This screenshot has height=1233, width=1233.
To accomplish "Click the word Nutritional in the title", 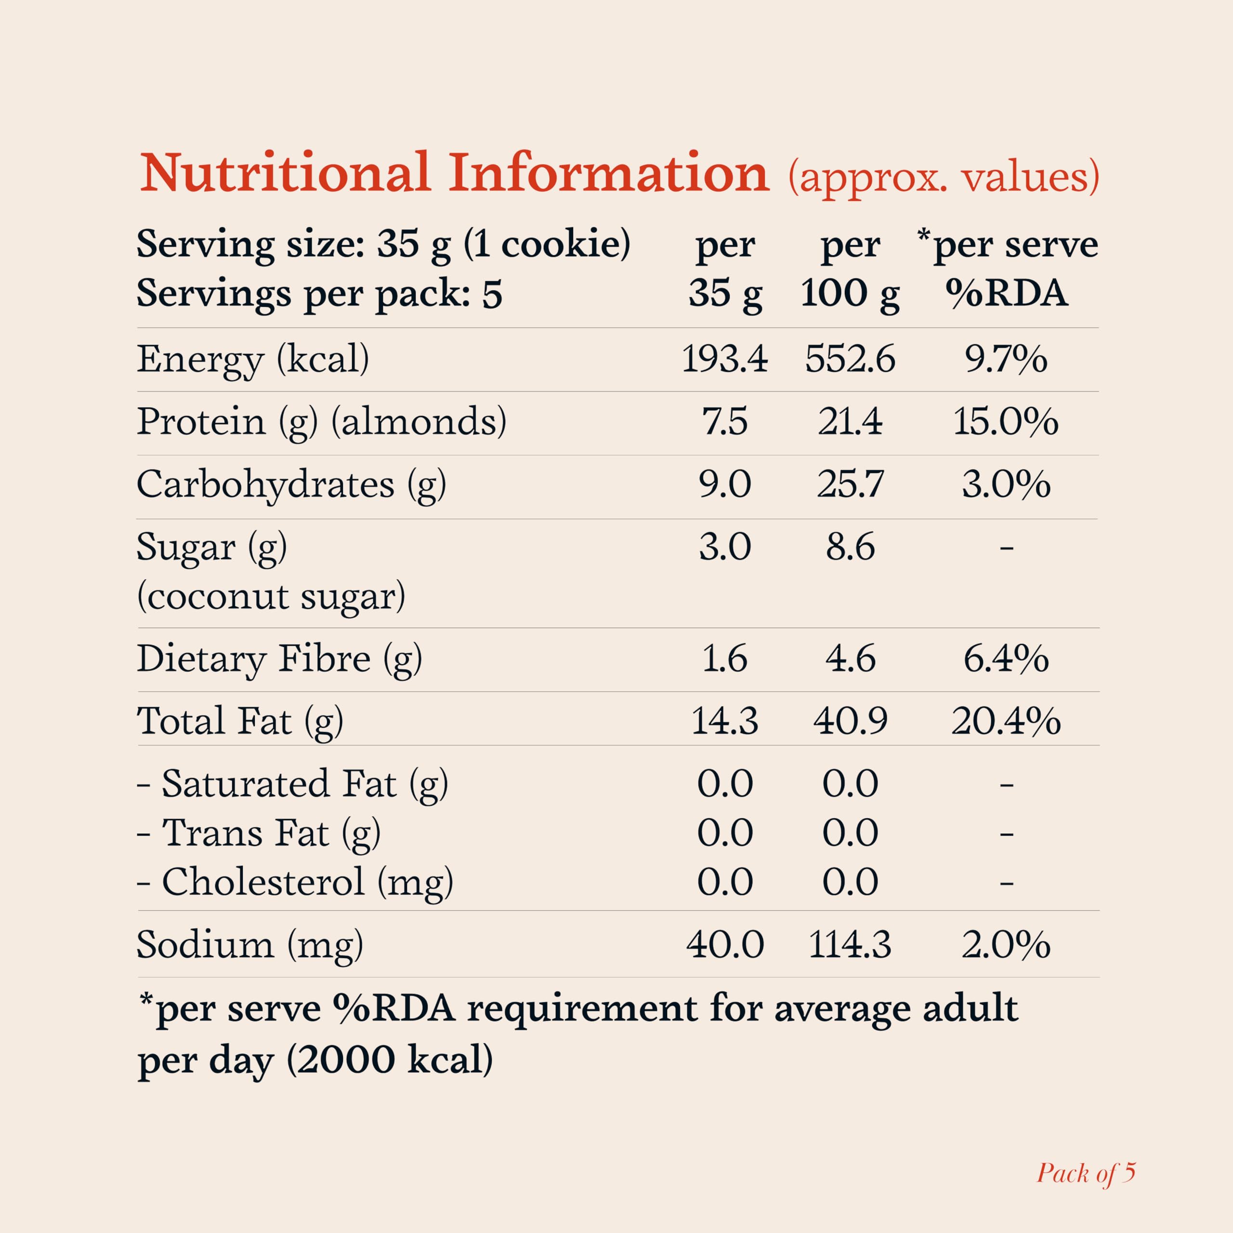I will pos(285,173).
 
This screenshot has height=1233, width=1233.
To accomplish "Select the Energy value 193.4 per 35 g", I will pos(724,359).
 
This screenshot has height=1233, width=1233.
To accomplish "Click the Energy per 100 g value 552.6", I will pos(850,359).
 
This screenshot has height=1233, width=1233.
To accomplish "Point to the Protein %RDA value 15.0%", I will pos(1006,422).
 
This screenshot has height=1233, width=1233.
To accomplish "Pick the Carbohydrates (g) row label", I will pos(291,485).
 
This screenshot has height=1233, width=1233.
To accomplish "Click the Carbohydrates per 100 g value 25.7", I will pos(850,485).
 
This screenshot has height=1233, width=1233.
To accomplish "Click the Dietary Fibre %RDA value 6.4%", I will pos(1006,658).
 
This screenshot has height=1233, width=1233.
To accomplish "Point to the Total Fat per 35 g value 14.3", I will pos(724,721).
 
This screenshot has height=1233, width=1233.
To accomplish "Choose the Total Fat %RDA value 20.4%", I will pos(1006,721).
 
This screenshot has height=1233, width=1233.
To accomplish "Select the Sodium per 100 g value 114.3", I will pos(850,944).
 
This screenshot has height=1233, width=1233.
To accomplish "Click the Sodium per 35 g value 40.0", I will pos(724,944).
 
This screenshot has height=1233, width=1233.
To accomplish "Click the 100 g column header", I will pos(850,294).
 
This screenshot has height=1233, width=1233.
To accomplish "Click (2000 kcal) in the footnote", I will pos(389,1061).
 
